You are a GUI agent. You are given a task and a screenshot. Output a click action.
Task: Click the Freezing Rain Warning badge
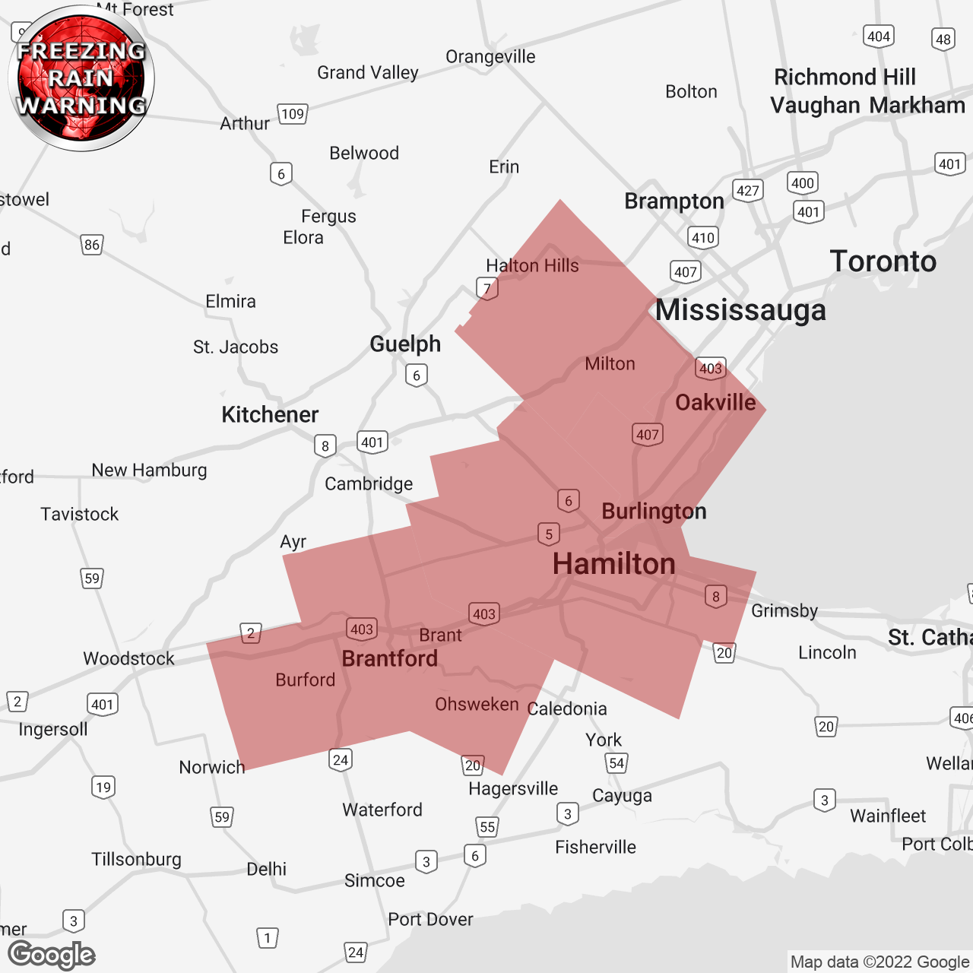81,78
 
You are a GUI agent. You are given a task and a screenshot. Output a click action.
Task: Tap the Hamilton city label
613,564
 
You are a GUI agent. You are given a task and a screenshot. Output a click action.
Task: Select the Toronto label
883,261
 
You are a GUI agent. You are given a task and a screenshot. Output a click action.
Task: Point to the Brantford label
389,658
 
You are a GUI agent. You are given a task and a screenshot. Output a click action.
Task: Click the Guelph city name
405,344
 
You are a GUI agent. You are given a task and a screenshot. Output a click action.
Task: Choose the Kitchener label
270,414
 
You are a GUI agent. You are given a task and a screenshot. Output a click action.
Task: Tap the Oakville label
715,402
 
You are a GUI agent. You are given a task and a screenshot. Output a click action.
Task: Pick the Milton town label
610,364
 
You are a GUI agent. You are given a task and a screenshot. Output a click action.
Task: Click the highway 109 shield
293,114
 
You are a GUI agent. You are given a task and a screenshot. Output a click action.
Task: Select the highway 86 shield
92,245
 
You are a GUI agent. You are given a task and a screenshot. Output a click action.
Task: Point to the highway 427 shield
748,190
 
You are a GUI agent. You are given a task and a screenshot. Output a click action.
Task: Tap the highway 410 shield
703,237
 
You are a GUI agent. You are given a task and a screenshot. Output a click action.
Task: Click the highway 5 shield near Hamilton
549,534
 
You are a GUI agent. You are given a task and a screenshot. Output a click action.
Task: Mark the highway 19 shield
103,787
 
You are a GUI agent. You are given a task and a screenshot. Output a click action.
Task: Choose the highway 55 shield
487,827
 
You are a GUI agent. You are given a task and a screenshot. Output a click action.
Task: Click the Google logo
52,955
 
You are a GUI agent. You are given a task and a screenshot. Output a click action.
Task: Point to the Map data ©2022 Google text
880,962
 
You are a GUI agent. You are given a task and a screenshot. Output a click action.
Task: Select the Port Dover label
430,919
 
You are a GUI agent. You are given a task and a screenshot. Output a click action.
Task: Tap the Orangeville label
490,57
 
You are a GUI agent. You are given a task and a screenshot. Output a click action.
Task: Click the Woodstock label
128,658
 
